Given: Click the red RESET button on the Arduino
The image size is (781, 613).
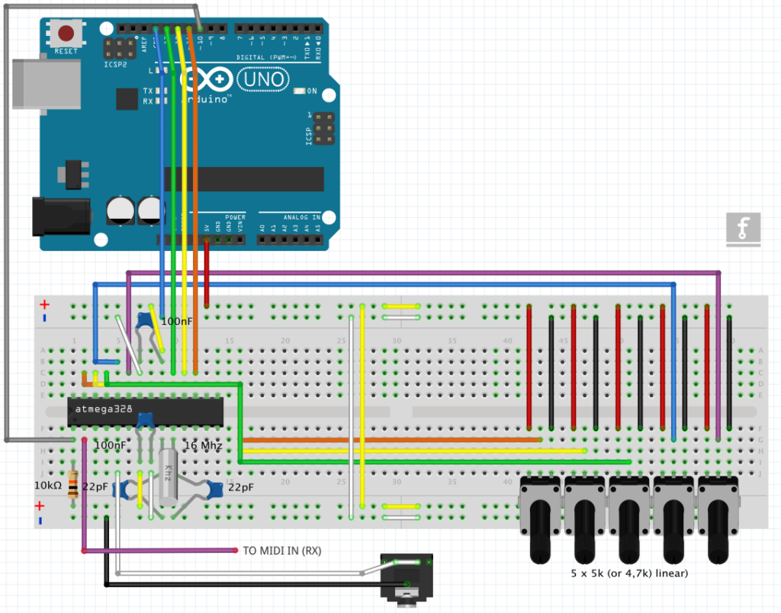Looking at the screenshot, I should (x=67, y=34).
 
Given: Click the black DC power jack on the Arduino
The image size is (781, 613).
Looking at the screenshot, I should (x=60, y=216).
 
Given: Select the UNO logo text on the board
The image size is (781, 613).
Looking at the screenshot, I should (x=263, y=79).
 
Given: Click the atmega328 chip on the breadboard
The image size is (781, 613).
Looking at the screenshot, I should (x=145, y=411).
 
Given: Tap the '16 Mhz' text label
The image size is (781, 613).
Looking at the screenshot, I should (x=202, y=445).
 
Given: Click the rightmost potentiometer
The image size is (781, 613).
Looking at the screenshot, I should (x=718, y=518).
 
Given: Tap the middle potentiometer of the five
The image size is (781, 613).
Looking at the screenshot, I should (x=629, y=518).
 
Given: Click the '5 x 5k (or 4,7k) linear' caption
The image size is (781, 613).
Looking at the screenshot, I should (x=629, y=573).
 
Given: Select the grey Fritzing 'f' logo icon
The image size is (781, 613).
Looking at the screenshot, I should (x=744, y=229).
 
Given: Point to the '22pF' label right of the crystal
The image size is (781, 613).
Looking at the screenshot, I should (x=240, y=487).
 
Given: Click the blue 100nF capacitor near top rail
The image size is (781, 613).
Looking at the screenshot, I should (x=143, y=321).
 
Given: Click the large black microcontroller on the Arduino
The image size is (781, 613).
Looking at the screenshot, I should (x=244, y=179).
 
